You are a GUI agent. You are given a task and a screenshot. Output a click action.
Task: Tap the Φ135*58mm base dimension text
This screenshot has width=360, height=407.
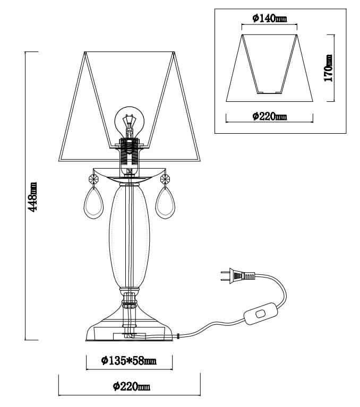point(129,361)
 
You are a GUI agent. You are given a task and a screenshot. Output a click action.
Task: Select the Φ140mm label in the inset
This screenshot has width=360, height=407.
point(269,19)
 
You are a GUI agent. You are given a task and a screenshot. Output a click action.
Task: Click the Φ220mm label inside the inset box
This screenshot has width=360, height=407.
point(269,116)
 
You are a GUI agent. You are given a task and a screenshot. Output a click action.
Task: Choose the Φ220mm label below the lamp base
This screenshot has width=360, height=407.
point(132,387)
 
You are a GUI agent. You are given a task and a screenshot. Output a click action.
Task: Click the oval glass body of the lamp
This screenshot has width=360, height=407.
point(128,233)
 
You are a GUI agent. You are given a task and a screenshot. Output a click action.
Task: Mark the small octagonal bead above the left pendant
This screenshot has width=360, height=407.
point(94,179)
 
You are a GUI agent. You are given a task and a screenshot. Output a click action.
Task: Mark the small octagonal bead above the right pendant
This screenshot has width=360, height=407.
point(164,179)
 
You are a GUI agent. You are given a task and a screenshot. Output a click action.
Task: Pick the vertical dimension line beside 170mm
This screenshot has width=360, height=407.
point(334,68)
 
